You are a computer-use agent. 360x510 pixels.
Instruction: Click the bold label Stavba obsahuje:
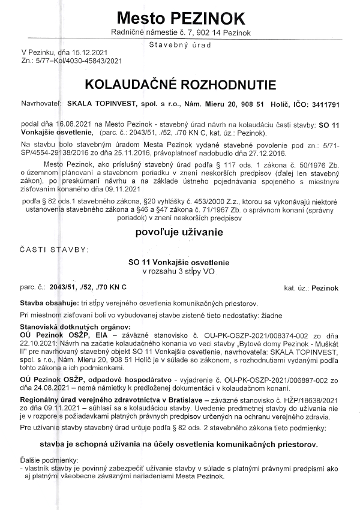(48, 304)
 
